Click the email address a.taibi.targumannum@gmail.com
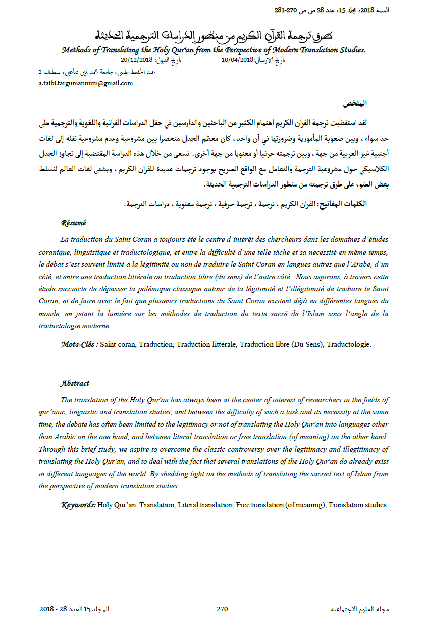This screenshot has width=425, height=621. tap(86, 83)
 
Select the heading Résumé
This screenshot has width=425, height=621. tap(74, 222)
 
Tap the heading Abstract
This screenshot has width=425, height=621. tap(75, 383)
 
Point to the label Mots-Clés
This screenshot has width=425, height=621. tap(79, 345)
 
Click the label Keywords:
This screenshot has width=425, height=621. tap(78, 505)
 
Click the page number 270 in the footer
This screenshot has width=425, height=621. tap(223, 609)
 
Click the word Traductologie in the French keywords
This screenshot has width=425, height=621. tap(348, 345)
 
